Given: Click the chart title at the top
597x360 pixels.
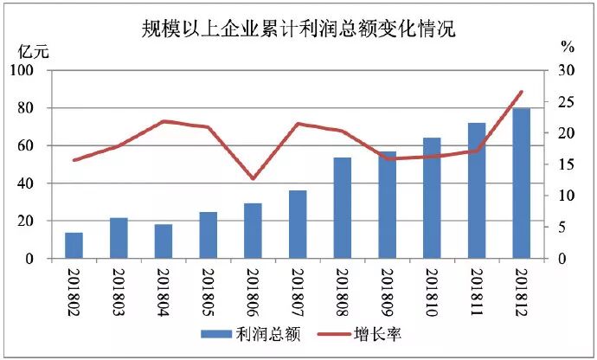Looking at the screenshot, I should (x=298, y=28).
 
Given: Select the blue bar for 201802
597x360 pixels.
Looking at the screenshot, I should (x=74, y=246).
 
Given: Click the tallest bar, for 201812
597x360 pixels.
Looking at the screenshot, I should (x=521, y=183).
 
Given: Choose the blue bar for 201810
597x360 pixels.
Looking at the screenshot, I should (x=432, y=198).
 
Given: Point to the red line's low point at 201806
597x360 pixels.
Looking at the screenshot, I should (x=253, y=178).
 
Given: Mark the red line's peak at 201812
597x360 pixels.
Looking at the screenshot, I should (x=521, y=92).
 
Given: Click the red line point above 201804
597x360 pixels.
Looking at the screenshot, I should (x=164, y=121).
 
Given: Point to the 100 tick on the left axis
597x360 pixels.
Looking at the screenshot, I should (x=34, y=71).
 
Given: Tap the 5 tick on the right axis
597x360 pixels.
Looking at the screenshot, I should (x=562, y=228).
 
